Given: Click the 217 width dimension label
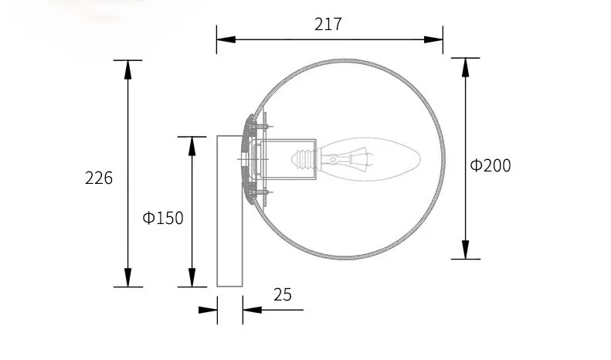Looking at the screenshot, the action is point(328,24).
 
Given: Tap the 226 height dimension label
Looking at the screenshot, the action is point(99,178).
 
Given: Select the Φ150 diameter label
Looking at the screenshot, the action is point(163,218).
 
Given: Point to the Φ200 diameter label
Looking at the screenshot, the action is point(490,165).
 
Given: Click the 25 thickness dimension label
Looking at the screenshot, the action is point(283,295).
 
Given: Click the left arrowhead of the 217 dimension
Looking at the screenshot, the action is point(226,39).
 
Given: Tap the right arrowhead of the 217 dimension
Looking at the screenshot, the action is point(433,39).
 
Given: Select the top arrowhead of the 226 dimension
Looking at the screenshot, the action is point(127,70).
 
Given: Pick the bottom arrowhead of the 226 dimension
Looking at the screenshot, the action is point(127,277).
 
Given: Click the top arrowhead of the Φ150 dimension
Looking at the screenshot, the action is point(192,147).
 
